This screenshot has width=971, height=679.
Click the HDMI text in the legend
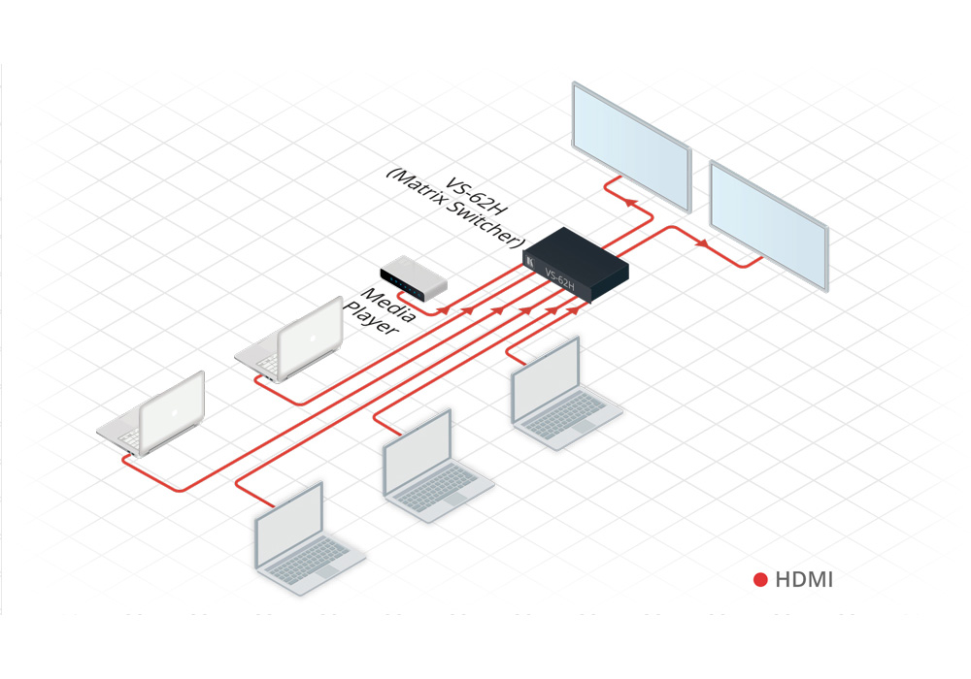804,580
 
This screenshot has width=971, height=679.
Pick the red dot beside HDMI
760,580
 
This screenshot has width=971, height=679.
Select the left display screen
631,145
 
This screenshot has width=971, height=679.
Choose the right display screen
769,223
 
